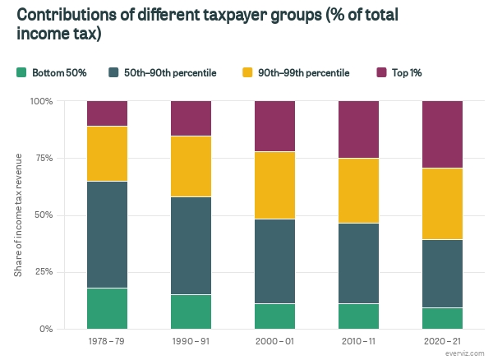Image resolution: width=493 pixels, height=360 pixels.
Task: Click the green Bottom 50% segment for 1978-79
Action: tap(107, 308)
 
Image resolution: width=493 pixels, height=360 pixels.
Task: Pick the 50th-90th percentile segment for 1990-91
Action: tap(191, 246)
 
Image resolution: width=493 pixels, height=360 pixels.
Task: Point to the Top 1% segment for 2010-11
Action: tap(358, 129)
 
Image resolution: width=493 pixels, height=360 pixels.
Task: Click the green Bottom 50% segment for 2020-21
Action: tap(442, 318)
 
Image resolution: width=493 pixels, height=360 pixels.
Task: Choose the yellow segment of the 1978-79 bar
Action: tap(107, 154)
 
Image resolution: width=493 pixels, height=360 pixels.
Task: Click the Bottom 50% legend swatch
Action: tap(21, 73)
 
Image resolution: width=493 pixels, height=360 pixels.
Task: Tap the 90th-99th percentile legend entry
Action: tap(307, 73)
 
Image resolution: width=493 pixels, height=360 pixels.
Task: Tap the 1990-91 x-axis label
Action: tap(191, 340)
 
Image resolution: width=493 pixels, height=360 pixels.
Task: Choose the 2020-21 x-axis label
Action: tap(442, 340)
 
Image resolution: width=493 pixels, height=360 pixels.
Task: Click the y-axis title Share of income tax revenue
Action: tap(18, 215)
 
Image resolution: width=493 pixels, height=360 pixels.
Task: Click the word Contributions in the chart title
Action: tap(68, 16)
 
